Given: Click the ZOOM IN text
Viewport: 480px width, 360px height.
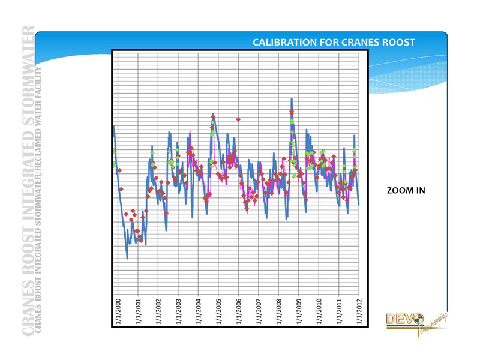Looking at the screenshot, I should pyautogui.click(x=406, y=191).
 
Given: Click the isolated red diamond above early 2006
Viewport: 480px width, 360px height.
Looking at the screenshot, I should pyautogui.click(x=239, y=119).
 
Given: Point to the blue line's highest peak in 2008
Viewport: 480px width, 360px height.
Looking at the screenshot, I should pyautogui.click(x=292, y=98).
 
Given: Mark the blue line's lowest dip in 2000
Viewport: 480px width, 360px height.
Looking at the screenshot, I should pyautogui.click(x=127, y=258).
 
